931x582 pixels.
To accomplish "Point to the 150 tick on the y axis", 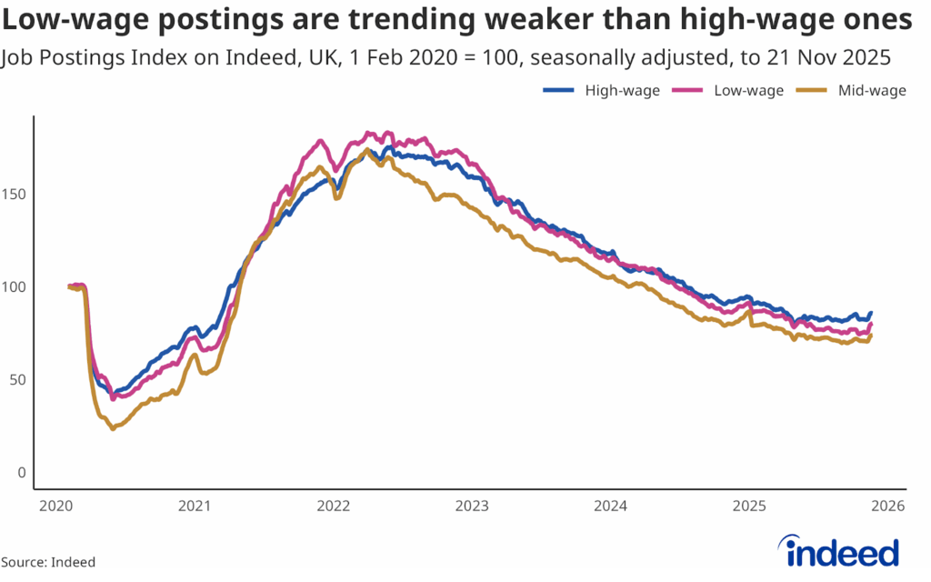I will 13,194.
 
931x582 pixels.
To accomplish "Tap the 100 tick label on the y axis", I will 13,286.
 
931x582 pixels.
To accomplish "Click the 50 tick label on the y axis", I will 15,379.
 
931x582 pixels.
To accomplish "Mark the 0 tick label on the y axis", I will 19,473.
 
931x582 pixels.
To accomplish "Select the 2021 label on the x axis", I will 194,506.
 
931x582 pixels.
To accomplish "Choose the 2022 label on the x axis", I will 332,506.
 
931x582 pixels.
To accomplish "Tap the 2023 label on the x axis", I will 472,506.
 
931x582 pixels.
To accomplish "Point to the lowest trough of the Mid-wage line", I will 113,428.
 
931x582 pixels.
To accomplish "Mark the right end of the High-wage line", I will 871,313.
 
